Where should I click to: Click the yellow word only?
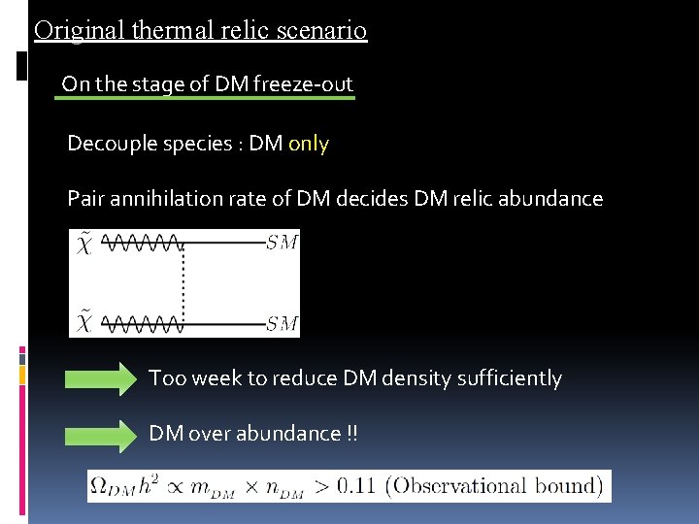(x=309, y=145)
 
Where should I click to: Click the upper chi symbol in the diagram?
(x=83, y=243)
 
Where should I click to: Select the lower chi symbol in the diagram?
(x=83, y=321)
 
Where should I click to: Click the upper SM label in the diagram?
(x=282, y=243)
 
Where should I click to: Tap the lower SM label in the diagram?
(x=282, y=323)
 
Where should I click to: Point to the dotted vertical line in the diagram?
(x=183, y=282)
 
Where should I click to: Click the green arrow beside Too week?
(x=102, y=379)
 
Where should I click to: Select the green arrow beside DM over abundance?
(x=102, y=435)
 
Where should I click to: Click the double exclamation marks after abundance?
(x=351, y=434)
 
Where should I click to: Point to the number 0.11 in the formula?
(x=360, y=486)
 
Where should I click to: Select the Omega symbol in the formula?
(x=100, y=486)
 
